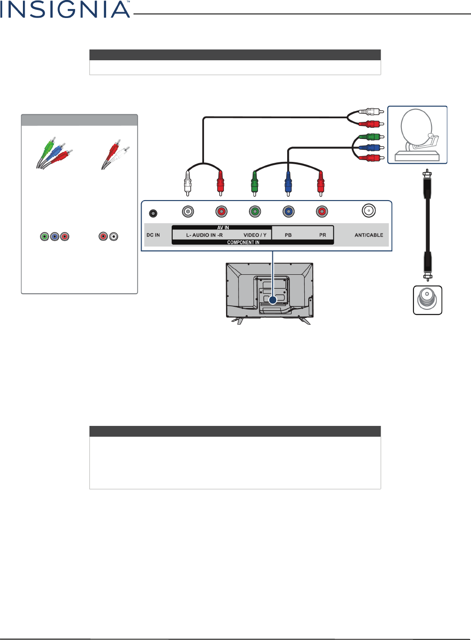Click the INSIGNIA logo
(x=65, y=9)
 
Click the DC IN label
(x=153, y=235)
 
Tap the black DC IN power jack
(x=153, y=213)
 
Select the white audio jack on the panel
(x=188, y=211)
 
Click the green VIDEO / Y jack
(x=255, y=211)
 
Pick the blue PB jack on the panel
(x=289, y=211)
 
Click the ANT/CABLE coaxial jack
(x=369, y=210)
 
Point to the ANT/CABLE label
(x=369, y=235)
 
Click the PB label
(x=288, y=235)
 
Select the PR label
(x=323, y=235)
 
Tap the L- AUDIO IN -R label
(x=204, y=235)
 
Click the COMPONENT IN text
(x=243, y=242)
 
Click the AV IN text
(x=223, y=228)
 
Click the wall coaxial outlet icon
(x=427, y=300)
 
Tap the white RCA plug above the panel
(x=187, y=182)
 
